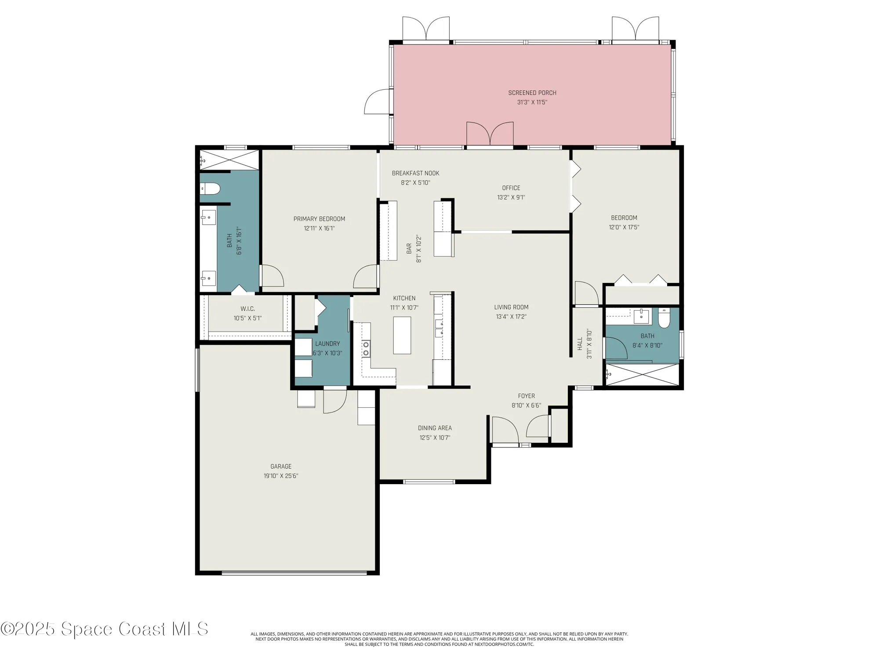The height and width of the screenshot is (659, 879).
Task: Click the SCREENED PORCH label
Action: coord(532,93)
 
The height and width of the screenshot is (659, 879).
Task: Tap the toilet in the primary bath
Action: coord(211,189)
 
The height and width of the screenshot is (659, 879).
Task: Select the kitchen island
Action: coord(402,335)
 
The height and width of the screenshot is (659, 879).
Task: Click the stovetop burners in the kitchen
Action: coord(366,348)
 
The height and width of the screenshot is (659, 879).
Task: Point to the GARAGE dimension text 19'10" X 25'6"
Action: coord(281,476)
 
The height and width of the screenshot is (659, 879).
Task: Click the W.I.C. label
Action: coord(247,309)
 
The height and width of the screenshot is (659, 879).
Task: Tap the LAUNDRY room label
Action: coord(327,344)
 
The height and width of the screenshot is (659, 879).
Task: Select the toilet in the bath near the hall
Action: coord(664,318)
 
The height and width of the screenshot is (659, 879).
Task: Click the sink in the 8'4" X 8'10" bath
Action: coord(641,316)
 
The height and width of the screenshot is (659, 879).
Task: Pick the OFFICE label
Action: coord(511,188)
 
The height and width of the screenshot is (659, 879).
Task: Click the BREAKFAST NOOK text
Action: coord(415,173)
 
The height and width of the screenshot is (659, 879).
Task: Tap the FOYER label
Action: coord(526,396)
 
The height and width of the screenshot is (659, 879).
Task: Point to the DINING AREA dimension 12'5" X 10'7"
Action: coord(435,438)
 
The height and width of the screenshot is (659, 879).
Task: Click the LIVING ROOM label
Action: coord(511,307)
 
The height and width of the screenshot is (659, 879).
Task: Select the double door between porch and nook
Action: coord(490,134)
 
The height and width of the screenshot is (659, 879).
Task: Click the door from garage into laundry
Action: coord(334,401)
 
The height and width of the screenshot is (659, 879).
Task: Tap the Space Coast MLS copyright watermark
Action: coord(104,629)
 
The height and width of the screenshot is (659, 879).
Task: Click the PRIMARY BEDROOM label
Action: coord(319,219)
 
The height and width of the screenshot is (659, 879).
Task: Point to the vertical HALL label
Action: coord(580,344)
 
